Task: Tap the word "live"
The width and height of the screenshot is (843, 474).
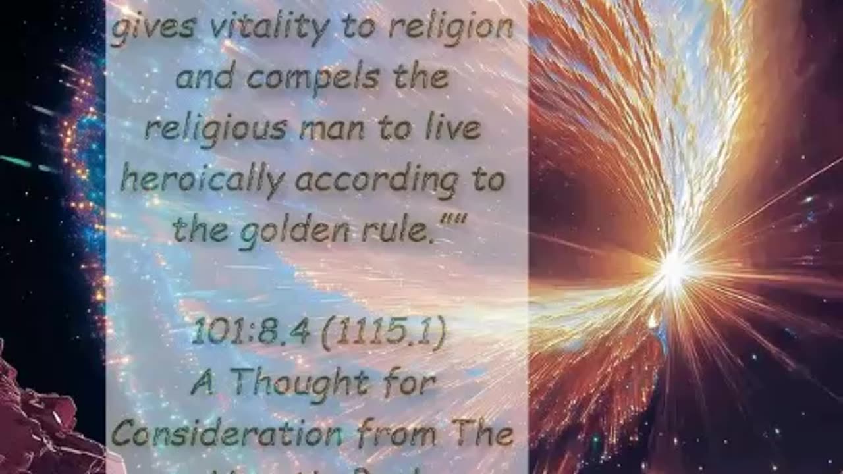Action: point(457,128)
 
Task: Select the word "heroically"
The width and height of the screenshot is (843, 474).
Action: point(202,180)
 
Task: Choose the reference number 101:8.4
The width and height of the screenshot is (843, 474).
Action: point(251,334)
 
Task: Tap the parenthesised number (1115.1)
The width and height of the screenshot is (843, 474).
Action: point(384,334)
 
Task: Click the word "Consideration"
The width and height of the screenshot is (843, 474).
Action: point(227,434)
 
